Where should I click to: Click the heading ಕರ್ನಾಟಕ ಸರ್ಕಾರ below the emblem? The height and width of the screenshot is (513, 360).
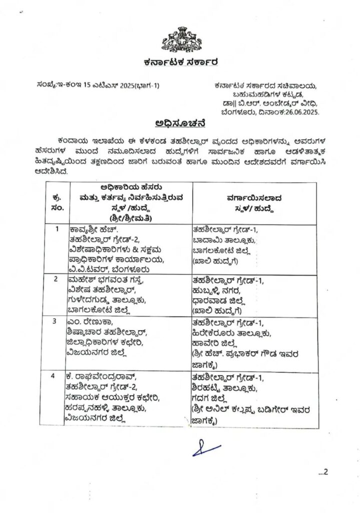(x=180, y=62)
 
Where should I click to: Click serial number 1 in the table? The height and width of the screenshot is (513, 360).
(x=57, y=229)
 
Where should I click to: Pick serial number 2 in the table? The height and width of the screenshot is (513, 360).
(x=57, y=279)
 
